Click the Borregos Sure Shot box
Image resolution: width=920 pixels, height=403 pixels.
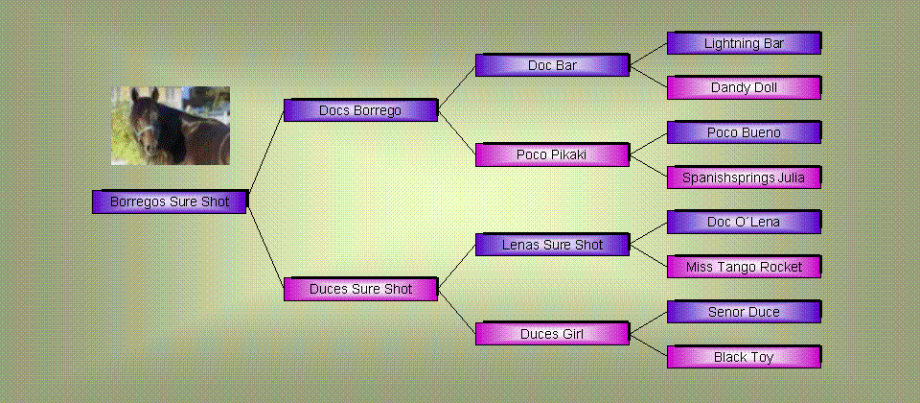(x=169, y=201)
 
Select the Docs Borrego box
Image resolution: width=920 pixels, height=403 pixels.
(x=360, y=110)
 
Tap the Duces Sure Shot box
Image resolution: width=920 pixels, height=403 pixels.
(x=360, y=289)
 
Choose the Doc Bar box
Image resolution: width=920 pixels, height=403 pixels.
(x=552, y=65)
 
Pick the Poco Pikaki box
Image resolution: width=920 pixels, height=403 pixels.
(x=552, y=154)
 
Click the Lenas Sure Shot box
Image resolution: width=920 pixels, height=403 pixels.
(x=552, y=245)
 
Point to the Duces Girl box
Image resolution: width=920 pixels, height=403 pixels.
(x=552, y=334)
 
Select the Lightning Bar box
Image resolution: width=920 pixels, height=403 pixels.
(x=744, y=43)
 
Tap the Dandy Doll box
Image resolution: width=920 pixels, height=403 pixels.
(x=744, y=87)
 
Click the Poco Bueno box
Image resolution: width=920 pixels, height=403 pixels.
(x=744, y=132)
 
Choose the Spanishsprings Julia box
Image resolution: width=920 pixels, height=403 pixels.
(x=744, y=178)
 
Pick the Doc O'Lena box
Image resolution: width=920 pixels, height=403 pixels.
(x=744, y=222)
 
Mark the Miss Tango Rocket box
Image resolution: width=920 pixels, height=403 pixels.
(x=744, y=267)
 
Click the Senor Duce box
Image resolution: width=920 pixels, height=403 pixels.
(x=744, y=312)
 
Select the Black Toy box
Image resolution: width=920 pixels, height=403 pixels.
(x=744, y=357)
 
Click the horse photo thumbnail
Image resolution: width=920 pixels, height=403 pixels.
(x=171, y=126)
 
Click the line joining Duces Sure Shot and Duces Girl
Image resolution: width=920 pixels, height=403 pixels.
(x=457, y=311)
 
